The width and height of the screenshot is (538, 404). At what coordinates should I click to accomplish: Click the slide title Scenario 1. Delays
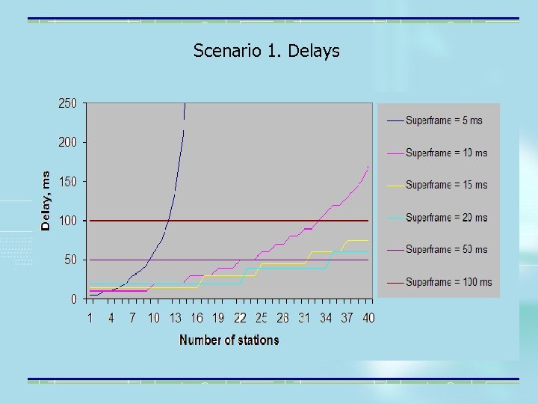click(266, 51)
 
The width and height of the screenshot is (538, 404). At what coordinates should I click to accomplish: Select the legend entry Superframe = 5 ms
click(444, 120)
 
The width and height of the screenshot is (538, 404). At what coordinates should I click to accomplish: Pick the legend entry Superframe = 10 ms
click(446, 153)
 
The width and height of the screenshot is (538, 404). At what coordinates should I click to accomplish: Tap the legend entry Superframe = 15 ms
click(446, 185)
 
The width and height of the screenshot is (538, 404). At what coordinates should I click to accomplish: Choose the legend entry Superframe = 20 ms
click(446, 218)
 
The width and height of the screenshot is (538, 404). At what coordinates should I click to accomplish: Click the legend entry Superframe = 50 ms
click(446, 249)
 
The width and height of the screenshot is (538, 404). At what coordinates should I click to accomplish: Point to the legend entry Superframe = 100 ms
click(448, 282)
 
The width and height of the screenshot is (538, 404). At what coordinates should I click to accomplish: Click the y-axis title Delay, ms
click(46, 200)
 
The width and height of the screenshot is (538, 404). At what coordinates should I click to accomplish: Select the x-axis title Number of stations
click(229, 340)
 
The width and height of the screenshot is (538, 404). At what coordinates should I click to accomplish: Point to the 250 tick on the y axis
click(67, 103)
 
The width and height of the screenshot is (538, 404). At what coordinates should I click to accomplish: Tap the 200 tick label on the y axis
click(67, 142)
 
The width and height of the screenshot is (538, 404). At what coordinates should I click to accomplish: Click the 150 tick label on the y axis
click(67, 182)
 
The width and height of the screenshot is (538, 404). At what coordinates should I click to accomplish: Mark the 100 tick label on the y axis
click(67, 221)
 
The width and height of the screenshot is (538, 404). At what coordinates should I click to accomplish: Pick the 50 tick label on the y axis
click(70, 260)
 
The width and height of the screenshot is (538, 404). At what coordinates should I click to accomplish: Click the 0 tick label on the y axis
click(73, 299)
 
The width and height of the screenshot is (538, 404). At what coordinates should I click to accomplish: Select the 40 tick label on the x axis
click(368, 318)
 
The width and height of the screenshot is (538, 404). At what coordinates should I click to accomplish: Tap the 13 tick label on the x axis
click(175, 318)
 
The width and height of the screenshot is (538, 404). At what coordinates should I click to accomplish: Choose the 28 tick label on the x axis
click(282, 318)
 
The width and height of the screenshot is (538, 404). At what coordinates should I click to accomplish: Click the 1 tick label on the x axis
click(90, 318)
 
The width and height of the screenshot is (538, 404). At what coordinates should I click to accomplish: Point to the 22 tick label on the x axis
click(240, 318)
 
